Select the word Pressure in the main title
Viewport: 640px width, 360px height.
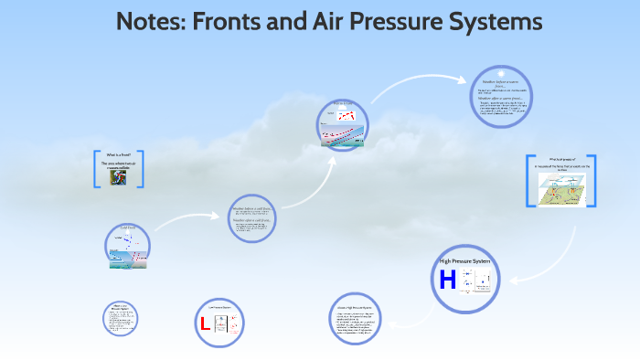click(x=389, y=21)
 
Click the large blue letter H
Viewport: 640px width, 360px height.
click(x=448, y=280)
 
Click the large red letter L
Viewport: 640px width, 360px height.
click(x=205, y=323)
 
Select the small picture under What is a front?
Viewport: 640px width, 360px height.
click(x=119, y=177)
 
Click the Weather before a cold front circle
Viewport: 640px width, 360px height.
click(x=251, y=220)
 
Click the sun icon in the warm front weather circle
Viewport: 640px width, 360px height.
click(x=500, y=73)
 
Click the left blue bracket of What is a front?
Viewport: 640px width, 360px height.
click(x=97, y=169)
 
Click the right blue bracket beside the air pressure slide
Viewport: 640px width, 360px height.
click(x=582, y=181)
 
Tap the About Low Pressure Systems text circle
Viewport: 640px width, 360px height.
click(x=120, y=317)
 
